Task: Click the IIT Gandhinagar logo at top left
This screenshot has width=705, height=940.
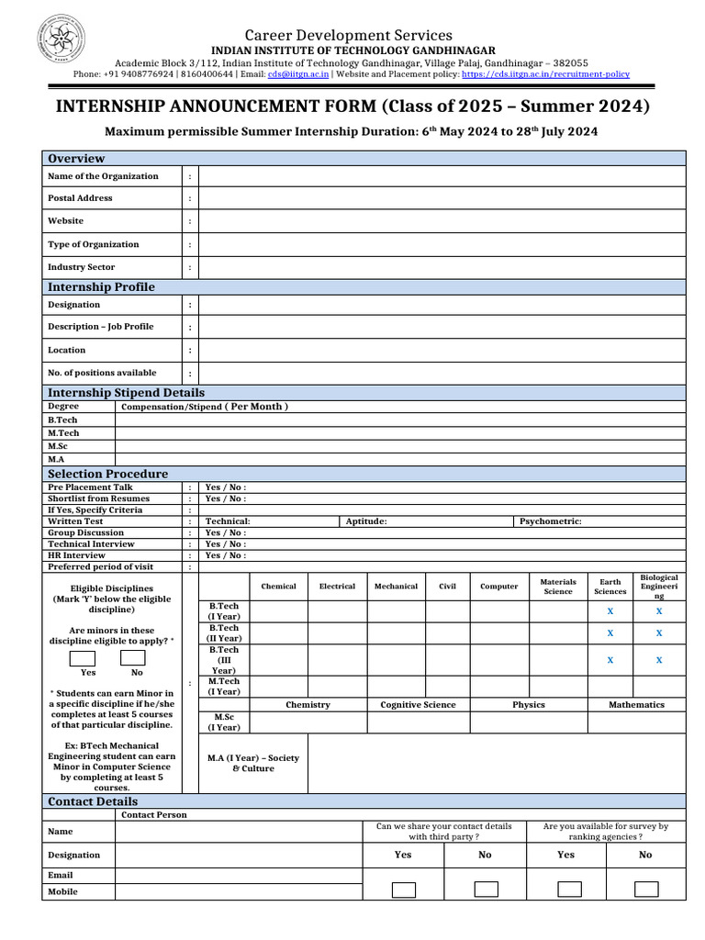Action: pos(61,40)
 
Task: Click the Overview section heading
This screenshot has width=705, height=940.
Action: pos(76,158)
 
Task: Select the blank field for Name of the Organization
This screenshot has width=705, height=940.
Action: pos(442,176)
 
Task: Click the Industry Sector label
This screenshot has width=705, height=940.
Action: pos(82,267)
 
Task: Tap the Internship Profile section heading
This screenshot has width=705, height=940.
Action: pos(101,286)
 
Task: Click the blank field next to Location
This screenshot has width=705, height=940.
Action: pos(442,350)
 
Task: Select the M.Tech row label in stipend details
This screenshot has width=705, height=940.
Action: pos(63,432)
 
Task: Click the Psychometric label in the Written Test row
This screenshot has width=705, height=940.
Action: pos(551,521)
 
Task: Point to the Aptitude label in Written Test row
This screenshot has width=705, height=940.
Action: pos(365,521)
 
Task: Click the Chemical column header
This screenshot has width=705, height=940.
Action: pos(278,586)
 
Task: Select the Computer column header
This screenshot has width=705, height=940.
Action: pos(498,586)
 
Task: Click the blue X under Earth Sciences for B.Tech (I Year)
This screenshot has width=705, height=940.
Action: pos(610,610)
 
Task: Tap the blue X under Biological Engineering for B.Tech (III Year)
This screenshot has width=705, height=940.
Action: pos(659,660)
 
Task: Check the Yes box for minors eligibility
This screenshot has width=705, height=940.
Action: pos(83,658)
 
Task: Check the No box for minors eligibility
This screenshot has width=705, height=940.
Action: pos(133,658)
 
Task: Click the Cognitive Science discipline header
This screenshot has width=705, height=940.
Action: pos(418,705)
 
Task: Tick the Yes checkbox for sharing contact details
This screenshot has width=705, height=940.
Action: pos(403,889)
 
